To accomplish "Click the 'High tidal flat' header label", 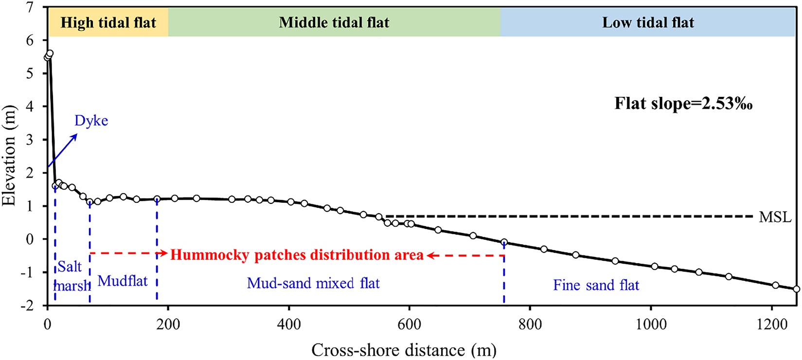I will tap(108, 23).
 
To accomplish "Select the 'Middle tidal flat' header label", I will tap(334, 23).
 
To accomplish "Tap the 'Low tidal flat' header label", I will tap(648, 23).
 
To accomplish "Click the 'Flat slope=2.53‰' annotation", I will tap(683, 104).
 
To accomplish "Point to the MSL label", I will tap(775, 217).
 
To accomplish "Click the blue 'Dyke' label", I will tap(91, 121).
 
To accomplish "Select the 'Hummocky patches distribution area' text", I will tap(297, 255).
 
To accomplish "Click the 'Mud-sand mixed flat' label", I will tap(313, 283).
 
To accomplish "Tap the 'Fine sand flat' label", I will tap(596, 285).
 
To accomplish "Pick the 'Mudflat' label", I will tap(123, 281).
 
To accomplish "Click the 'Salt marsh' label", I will tap(71, 276).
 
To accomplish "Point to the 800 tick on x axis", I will tap(530, 324).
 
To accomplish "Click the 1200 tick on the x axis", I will tap(771, 324).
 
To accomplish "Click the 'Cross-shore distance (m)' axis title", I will tap(404, 350).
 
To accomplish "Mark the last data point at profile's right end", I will tap(796, 289).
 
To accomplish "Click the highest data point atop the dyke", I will tap(50, 53).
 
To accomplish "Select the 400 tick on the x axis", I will tap(288, 324).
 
